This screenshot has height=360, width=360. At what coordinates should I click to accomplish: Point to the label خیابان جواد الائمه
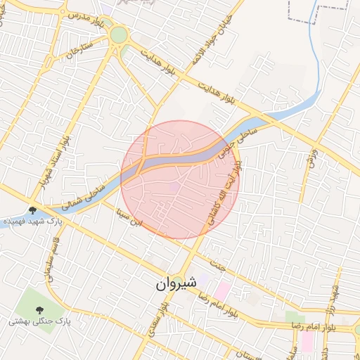click(x=202, y=46)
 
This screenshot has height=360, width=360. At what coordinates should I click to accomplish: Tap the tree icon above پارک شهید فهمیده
click(x=32, y=210)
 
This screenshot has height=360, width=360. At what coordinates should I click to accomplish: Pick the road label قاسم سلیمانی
click(x=50, y=256)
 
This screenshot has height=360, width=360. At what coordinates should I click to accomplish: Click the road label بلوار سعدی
click(x=154, y=320)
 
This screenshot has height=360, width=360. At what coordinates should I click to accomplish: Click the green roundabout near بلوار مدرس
click(x=119, y=34)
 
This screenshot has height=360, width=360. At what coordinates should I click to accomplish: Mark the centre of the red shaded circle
click(x=180, y=179)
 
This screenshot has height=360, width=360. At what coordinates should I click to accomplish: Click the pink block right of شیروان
click(x=222, y=288)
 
